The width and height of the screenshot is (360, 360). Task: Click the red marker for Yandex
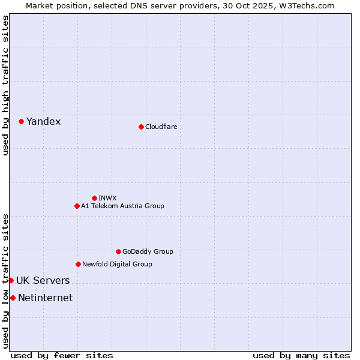tap(21, 121)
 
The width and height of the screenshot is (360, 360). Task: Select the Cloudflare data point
tap(141, 127)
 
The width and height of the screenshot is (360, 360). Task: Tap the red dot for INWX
tap(94, 198)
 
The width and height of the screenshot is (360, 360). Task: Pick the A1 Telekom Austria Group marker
tap(77, 206)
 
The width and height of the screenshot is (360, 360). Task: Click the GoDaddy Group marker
tap(118, 251)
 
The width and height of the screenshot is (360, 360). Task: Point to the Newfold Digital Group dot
tap(78, 264)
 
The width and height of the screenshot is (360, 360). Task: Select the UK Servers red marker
tap(11, 280)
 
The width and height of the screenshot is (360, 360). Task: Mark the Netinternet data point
tap(13, 298)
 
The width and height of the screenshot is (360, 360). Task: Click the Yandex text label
tap(43, 121)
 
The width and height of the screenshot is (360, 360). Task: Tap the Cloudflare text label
tap(161, 127)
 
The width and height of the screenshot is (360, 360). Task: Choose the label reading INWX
tap(107, 198)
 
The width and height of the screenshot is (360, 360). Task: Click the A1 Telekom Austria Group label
tap(122, 206)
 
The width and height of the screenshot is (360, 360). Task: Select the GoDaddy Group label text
tap(148, 251)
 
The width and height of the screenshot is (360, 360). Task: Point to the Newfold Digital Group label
tap(117, 264)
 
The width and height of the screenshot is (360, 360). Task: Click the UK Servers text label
tap(43, 280)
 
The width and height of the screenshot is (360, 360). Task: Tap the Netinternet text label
tap(45, 298)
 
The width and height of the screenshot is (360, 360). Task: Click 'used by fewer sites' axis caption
tap(62, 355)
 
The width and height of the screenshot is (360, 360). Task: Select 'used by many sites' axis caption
tap(301, 355)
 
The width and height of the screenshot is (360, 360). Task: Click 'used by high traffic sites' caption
tap(5, 85)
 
